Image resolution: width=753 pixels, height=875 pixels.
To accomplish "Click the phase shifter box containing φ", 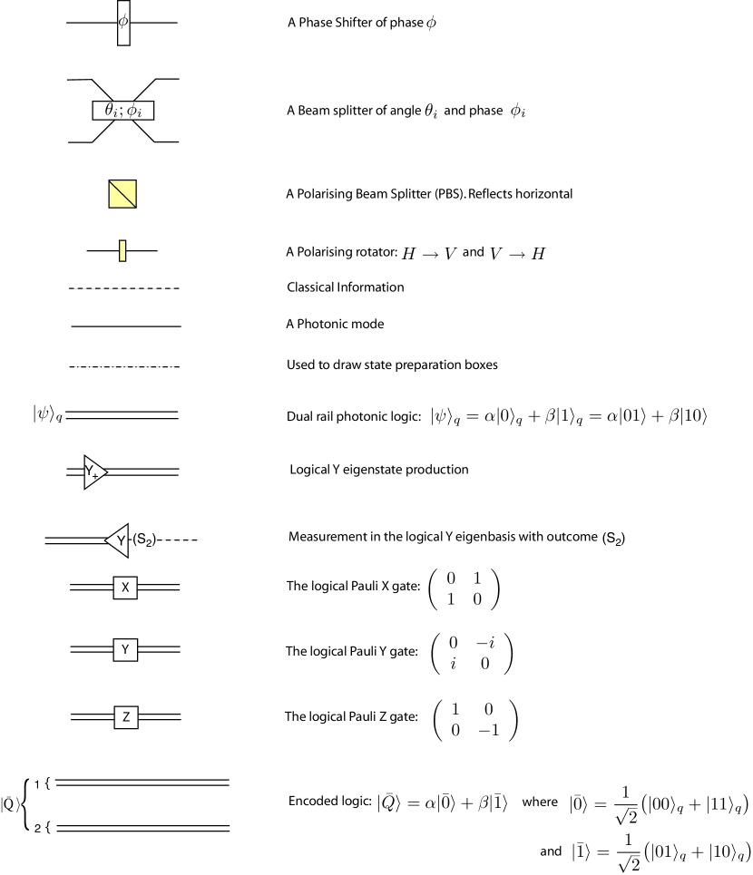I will click(122, 21).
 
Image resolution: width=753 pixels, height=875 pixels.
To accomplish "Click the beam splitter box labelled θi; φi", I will click(123, 111).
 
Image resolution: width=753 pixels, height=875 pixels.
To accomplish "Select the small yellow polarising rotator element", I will click(122, 250).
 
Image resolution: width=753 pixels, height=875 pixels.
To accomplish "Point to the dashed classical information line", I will click(124, 287).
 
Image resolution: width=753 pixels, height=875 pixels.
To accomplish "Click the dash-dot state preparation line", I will click(124, 366).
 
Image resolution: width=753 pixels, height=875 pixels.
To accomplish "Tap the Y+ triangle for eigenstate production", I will click(93, 472).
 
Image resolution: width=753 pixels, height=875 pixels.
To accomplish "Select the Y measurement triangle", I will click(118, 541).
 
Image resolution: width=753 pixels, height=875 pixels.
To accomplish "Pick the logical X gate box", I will click(124, 588).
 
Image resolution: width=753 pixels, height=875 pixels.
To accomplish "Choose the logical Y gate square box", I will click(124, 649).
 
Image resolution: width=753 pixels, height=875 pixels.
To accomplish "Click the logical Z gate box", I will click(124, 716).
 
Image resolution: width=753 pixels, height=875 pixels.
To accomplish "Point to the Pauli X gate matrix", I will click(463, 588).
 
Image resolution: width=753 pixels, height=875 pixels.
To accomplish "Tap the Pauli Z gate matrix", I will click(474, 716).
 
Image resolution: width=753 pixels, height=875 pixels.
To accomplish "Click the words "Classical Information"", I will click(345, 287).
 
